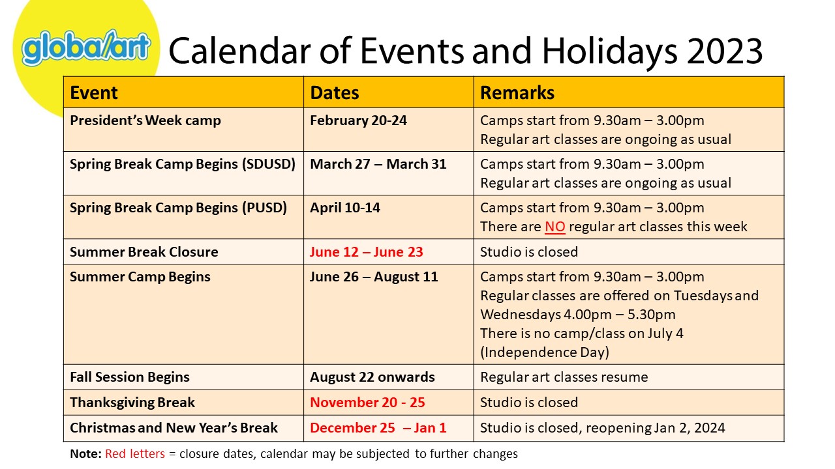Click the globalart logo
coord(85,48)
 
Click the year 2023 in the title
coord(725,51)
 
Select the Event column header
coord(93,92)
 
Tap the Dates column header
coord(335,92)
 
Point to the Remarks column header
coord(517,92)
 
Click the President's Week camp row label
coord(145,121)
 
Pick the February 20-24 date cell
coord(358,121)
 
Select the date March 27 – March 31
coord(378,164)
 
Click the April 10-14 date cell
coord(345,208)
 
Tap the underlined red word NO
coord(555,227)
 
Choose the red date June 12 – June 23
coord(367,252)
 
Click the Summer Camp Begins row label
coord(140,277)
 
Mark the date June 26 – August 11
coord(374,277)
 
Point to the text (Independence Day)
coord(545,352)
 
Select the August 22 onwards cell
coord(372,377)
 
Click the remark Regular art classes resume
coord(564,377)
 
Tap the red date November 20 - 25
coord(367,403)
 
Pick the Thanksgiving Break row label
coord(132,403)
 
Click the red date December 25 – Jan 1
coord(378,428)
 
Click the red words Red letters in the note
coord(135,454)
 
